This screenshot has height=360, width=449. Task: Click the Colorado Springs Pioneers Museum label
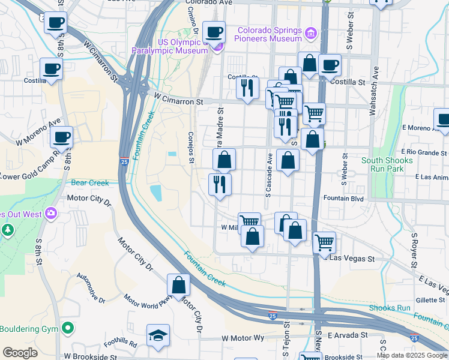pos(270,35)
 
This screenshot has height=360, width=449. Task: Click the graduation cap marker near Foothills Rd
pos(158,336)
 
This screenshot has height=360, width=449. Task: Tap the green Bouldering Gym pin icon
pos(68,329)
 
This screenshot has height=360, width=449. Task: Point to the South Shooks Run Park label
pos(387,164)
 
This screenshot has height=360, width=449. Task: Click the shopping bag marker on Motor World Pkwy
pos(179,285)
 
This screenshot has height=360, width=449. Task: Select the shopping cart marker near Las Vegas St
pos(324,242)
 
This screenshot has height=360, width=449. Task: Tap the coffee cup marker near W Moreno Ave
pos(61,137)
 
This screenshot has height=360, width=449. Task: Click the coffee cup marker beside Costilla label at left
pos(51,69)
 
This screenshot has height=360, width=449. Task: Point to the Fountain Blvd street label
pos(343,198)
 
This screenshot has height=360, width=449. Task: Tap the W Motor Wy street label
pos(243,338)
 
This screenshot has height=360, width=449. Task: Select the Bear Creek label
pos(90,183)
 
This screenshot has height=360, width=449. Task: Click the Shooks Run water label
pos(390,308)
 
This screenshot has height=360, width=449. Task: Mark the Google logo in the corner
pos(20,353)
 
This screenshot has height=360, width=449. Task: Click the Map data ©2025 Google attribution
pos(412,355)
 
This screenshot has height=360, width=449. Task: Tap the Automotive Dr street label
pos(91,288)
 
